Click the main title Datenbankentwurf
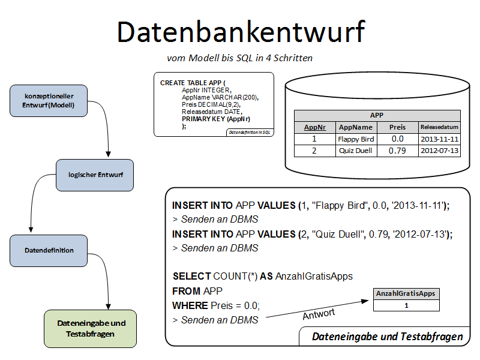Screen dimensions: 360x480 (240, 31)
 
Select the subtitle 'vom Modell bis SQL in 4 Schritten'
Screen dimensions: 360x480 (239, 58)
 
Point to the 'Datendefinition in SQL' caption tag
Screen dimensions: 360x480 (250, 132)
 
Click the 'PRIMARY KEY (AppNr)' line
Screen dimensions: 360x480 (216, 119)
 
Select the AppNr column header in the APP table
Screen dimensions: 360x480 (314, 127)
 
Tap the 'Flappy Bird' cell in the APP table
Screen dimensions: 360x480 (356, 139)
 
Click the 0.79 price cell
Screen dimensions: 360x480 (397, 151)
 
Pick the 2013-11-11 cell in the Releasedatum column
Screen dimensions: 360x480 (439, 139)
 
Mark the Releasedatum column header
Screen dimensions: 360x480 (439, 127)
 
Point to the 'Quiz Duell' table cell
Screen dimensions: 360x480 (356, 151)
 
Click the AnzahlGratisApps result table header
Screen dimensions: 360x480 (406, 294)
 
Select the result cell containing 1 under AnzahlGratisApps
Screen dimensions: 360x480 (406, 305)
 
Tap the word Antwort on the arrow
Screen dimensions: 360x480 (319, 313)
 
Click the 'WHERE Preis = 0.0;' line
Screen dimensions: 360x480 (217, 305)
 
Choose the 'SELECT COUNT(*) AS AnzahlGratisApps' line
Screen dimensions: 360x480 (262, 277)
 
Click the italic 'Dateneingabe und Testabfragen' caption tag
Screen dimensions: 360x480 (387, 337)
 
